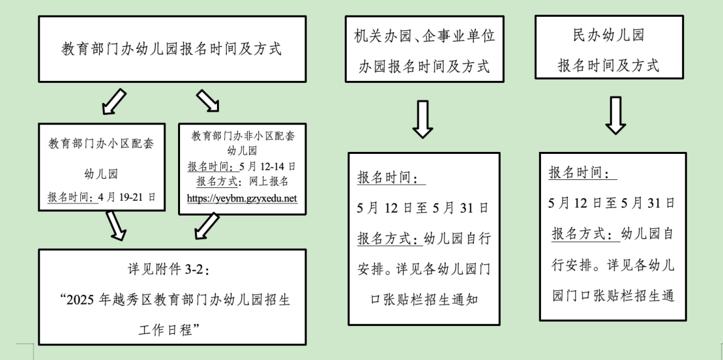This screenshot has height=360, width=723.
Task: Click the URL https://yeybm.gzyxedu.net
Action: (x=242, y=199)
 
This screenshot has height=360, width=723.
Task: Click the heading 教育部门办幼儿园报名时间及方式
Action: (x=171, y=49)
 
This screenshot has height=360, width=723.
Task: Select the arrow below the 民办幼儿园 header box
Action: (x=615, y=116)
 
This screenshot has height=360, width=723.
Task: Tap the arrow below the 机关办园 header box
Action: (x=422, y=119)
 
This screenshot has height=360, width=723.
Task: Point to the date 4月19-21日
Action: (x=127, y=197)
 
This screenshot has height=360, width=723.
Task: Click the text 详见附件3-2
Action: (x=171, y=269)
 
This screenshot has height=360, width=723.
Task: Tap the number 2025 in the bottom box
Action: (x=79, y=298)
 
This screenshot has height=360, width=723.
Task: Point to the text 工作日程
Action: (x=171, y=329)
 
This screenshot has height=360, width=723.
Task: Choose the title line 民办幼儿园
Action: (x=609, y=36)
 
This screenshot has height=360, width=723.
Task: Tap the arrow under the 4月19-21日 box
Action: (x=116, y=226)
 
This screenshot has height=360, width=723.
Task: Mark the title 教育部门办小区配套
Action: (x=102, y=143)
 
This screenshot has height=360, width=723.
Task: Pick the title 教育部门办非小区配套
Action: (x=242, y=136)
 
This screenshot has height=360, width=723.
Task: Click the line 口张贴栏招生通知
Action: (x=424, y=299)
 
